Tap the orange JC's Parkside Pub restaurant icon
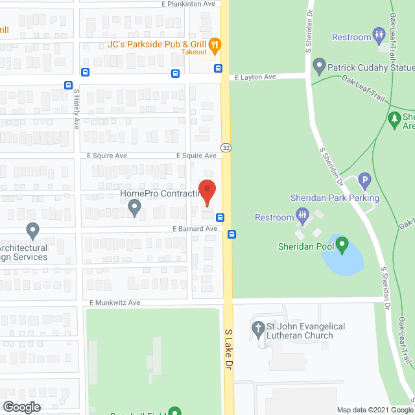click(x=216, y=45)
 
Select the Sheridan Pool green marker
click(x=342, y=245)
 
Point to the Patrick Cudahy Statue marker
click(x=318, y=65)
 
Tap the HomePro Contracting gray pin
click(x=135, y=207)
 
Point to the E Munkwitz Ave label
click(x=115, y=303)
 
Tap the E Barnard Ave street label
click(x=195, y=229)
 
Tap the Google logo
click(x=21, y=407)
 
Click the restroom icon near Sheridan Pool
click(x=302, y=214)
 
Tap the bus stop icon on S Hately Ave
click(x=68, y=85)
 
